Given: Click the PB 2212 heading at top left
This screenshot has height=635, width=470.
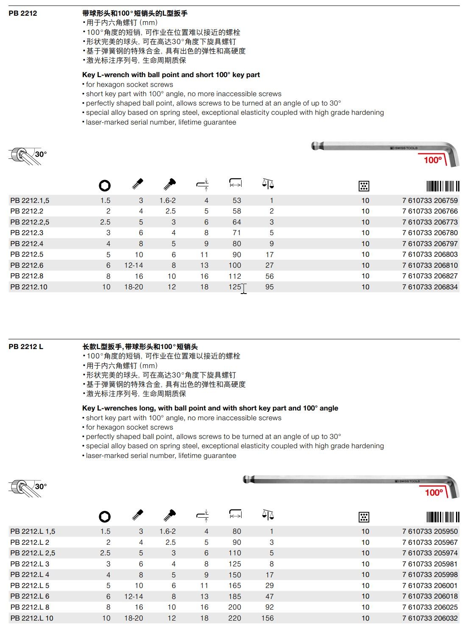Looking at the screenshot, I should (x=23, y=13).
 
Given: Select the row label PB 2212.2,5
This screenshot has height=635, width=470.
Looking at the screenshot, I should (x=30, y=222).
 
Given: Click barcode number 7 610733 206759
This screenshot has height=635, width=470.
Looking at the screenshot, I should (x=430, y=200).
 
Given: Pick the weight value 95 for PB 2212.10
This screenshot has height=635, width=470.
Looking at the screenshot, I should (x=269, y=287).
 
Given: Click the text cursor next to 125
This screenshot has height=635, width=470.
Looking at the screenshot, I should (x=244, y=288).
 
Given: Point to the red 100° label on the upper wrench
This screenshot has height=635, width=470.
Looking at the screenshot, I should (x=433, y=160).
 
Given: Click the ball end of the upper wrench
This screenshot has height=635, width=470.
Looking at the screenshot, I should (x=316, y=146).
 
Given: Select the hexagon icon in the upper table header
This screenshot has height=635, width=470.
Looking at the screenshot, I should (x=105, y=185).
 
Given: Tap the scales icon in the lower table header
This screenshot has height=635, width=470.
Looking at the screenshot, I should (x=268, y=515).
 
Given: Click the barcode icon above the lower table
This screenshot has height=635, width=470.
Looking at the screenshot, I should (x=442, y=517).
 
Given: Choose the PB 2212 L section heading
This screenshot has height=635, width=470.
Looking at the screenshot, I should (x=26, y=347).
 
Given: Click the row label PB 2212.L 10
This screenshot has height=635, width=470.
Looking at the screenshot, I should (x=32, y=618).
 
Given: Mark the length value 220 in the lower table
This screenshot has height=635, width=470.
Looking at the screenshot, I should (x=234, y=618).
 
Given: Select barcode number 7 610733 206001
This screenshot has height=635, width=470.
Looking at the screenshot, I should (x=430, y=585).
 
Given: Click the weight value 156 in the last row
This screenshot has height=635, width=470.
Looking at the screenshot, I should (x=267, y=618).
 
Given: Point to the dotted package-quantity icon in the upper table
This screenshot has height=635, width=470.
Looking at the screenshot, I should (x=364, y=186).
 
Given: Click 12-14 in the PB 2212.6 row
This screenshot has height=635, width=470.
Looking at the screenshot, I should (x=133, y=265).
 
